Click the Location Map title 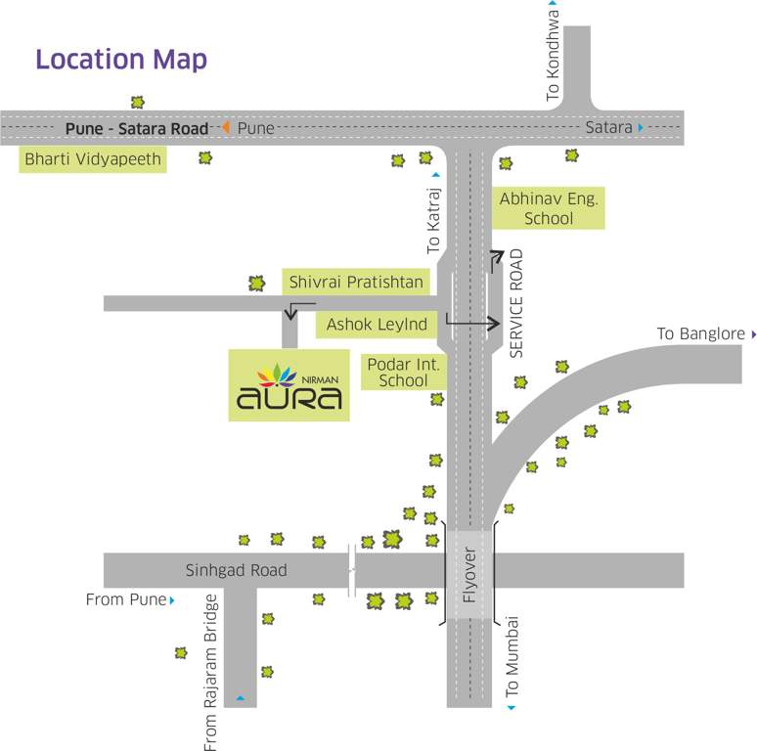(121, 59)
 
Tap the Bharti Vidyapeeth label (93, 158)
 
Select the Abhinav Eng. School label (548, 208)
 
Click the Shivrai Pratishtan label (356, 282)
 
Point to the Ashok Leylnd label (377, 324)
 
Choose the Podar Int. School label (404, 372)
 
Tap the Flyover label (469, 577)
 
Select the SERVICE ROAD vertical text (517, 303)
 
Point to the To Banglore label (700, 334)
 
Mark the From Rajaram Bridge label (210, 673)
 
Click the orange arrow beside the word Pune (225, 128)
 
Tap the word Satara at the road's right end (608, 128)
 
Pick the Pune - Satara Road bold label (137, 128)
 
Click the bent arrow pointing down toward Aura (290, 311)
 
